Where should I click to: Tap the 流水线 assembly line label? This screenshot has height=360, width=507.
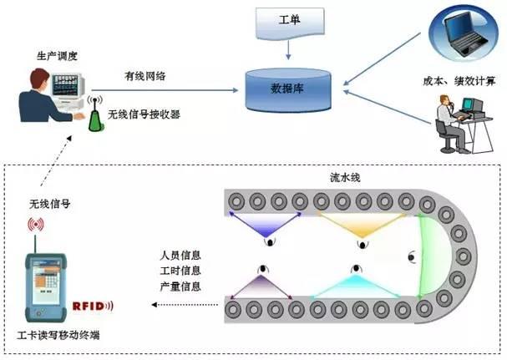click(x=345, y=179)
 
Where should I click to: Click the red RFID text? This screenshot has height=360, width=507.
click(x=91, y=307)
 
